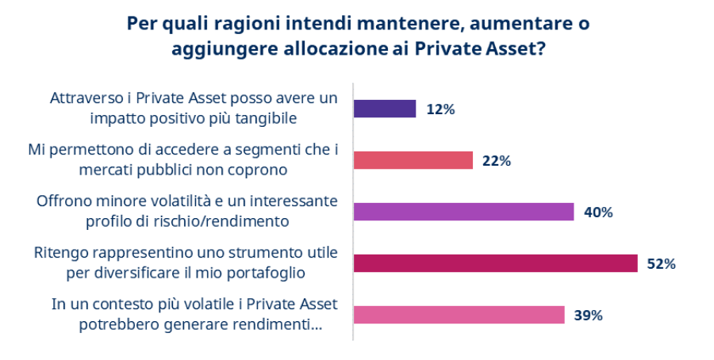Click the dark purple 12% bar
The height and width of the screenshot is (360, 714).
(x=384, y=109)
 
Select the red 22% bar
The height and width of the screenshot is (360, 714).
(x=413, y=160)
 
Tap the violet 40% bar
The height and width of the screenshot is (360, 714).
(x=463, y=212)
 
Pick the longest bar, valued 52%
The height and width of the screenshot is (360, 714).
(x=495, y=263)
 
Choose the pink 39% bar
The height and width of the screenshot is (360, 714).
(x=459, y=315)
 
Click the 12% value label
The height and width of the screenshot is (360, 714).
(x=440, y=109)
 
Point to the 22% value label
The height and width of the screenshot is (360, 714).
(x=497, y=161)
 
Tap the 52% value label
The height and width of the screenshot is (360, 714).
(x=661, y=264)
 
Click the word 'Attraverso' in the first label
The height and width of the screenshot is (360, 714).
(x=88, y=98)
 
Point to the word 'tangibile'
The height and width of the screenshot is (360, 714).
(x=265, y=119)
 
